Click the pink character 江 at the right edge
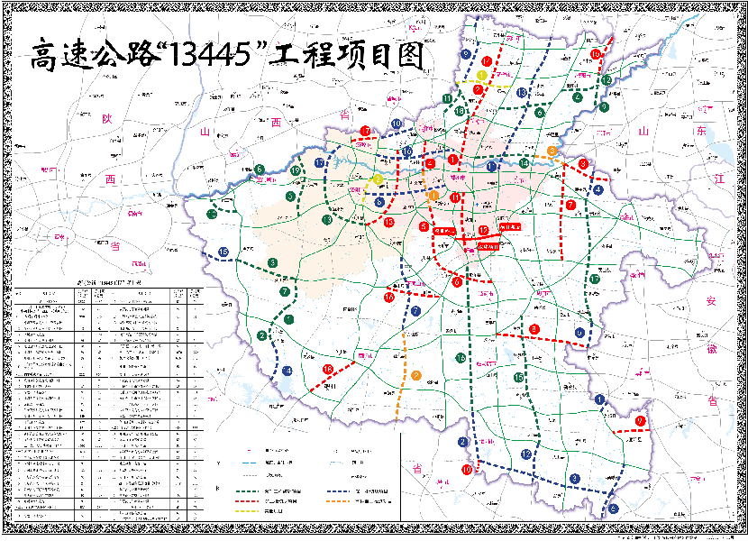717,180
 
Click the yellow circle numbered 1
483,76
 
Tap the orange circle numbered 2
415,376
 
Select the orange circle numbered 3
552,151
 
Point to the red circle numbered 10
467,470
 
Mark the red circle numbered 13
388,222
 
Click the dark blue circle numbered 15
223,251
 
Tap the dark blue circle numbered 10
397,124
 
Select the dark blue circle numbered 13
522,93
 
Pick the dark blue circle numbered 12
525,454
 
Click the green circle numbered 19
296,171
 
